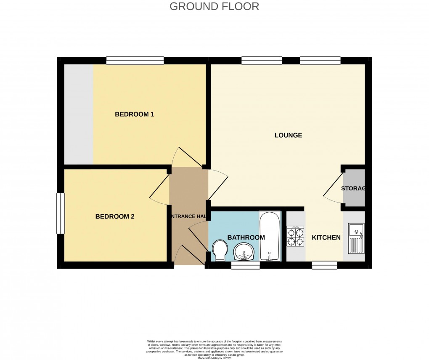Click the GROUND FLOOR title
pyautogui.click(x=214, y=6)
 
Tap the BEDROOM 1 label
pyautogui.click(x=134, y=114)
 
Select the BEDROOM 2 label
pyautogui.click(x=114, y=217)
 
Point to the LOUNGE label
pyautogui.click(x=288, y=135)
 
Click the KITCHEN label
pyautogui.click(x=326, y=237)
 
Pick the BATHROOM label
pyautogui.click(x=246, y=237)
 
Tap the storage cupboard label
pyautogui.click(x=353, y=188)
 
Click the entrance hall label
pyautogui.click(x=188, y=216)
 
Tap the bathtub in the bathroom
pyautogui.click(x=269, y=236)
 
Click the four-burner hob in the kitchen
pyautogui.click(x=295, y=237)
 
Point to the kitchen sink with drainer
pyautogui.click(x=355, y=238)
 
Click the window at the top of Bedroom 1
pyautogui.click(x=135, y=61)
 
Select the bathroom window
pyautogui.click(x=245, y=265)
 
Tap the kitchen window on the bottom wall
pyautogui.click(x=324, y=265)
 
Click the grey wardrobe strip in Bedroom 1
pyautogui.click(x=78, y=114)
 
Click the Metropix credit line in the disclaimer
pyautogui.click(x=214, y=358)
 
